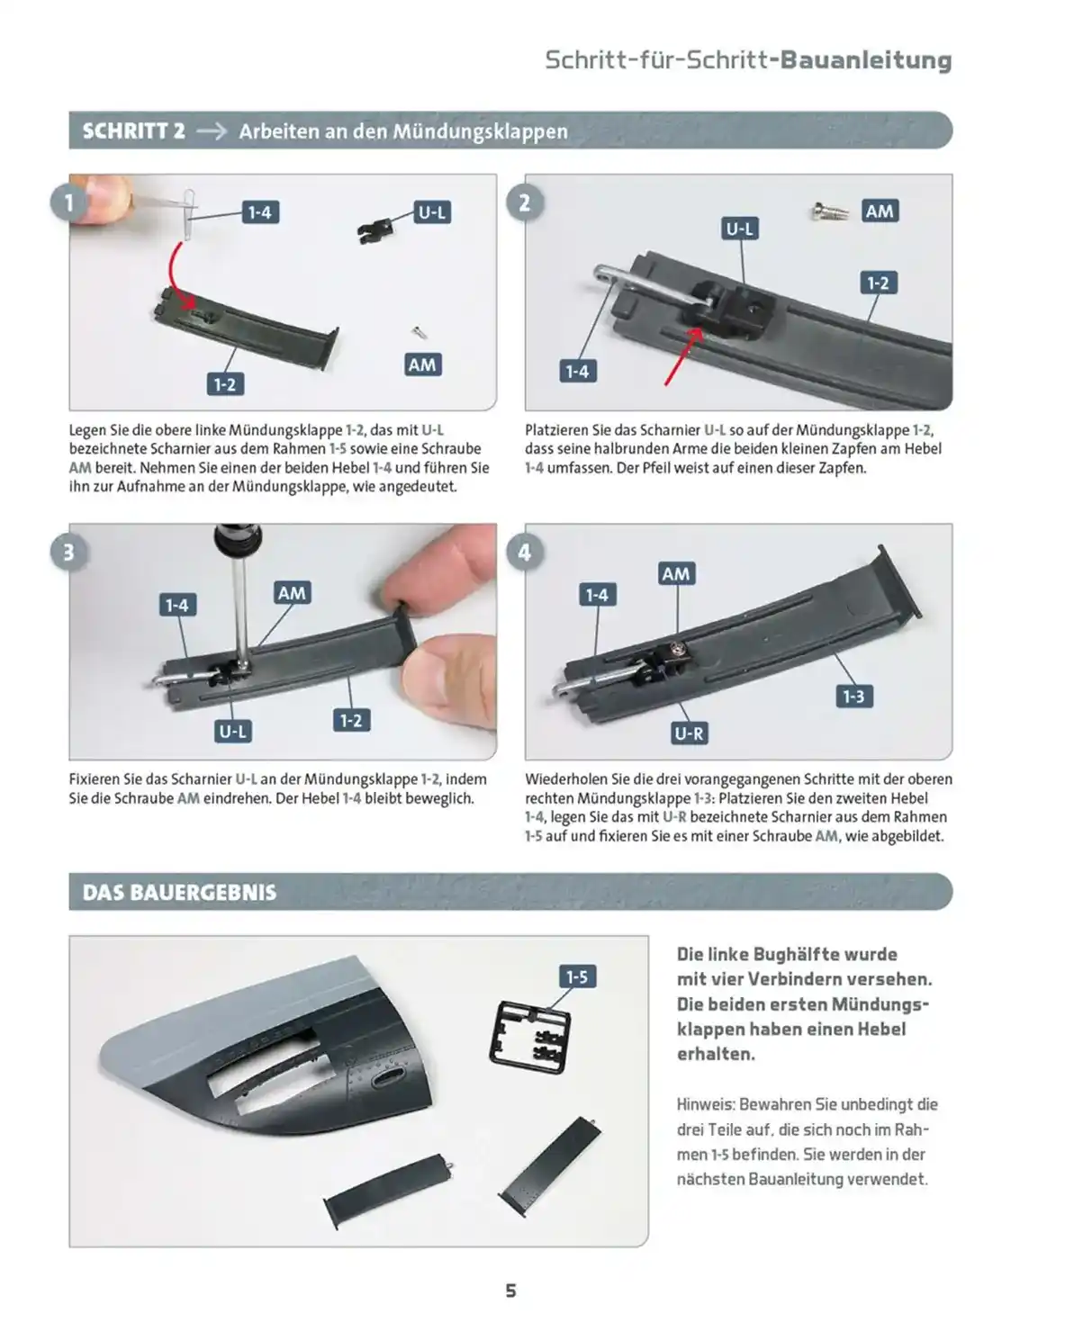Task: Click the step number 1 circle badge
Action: (69, 202)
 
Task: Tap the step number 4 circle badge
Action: (525, 552)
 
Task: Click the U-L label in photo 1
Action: (431, 212)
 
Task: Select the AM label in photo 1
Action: (421, 364)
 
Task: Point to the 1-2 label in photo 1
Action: (224, 384)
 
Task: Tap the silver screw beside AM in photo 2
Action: (829, 212)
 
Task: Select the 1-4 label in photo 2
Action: (576, 371)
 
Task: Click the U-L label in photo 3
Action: (232, 731)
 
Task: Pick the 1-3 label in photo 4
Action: (853, 696)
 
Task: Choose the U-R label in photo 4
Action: (689, 733)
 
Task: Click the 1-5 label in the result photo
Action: (576, 976)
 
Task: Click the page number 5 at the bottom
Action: (510, 1291)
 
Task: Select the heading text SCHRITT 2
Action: (133, 131)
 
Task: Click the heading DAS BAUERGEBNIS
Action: (179, 893)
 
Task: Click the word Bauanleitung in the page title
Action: (865, 60)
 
